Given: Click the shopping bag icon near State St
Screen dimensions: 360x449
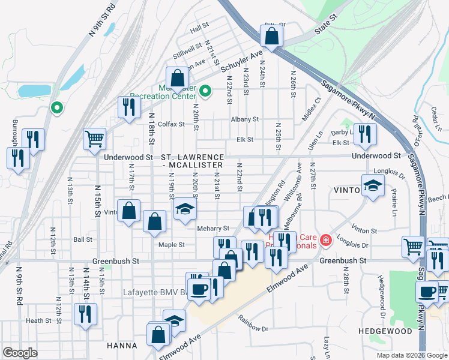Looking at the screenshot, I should click(x=271, y=35).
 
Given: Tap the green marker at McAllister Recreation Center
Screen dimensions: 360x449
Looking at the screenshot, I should click(x=205, y=91).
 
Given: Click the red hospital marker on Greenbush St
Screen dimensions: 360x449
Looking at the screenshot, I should click(x=325, y=241).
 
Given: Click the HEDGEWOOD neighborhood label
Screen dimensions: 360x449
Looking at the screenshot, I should click(x=385, y=331).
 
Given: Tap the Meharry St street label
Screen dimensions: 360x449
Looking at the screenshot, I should click(x=213, y=229).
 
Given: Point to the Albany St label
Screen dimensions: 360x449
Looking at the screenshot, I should click(x=244, y=119).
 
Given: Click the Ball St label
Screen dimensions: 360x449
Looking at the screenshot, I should click(x=82, y=239).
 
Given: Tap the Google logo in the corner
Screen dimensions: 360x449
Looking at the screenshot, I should click(x=20, y=353).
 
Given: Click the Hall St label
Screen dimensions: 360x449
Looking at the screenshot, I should click(x=198, y=28).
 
